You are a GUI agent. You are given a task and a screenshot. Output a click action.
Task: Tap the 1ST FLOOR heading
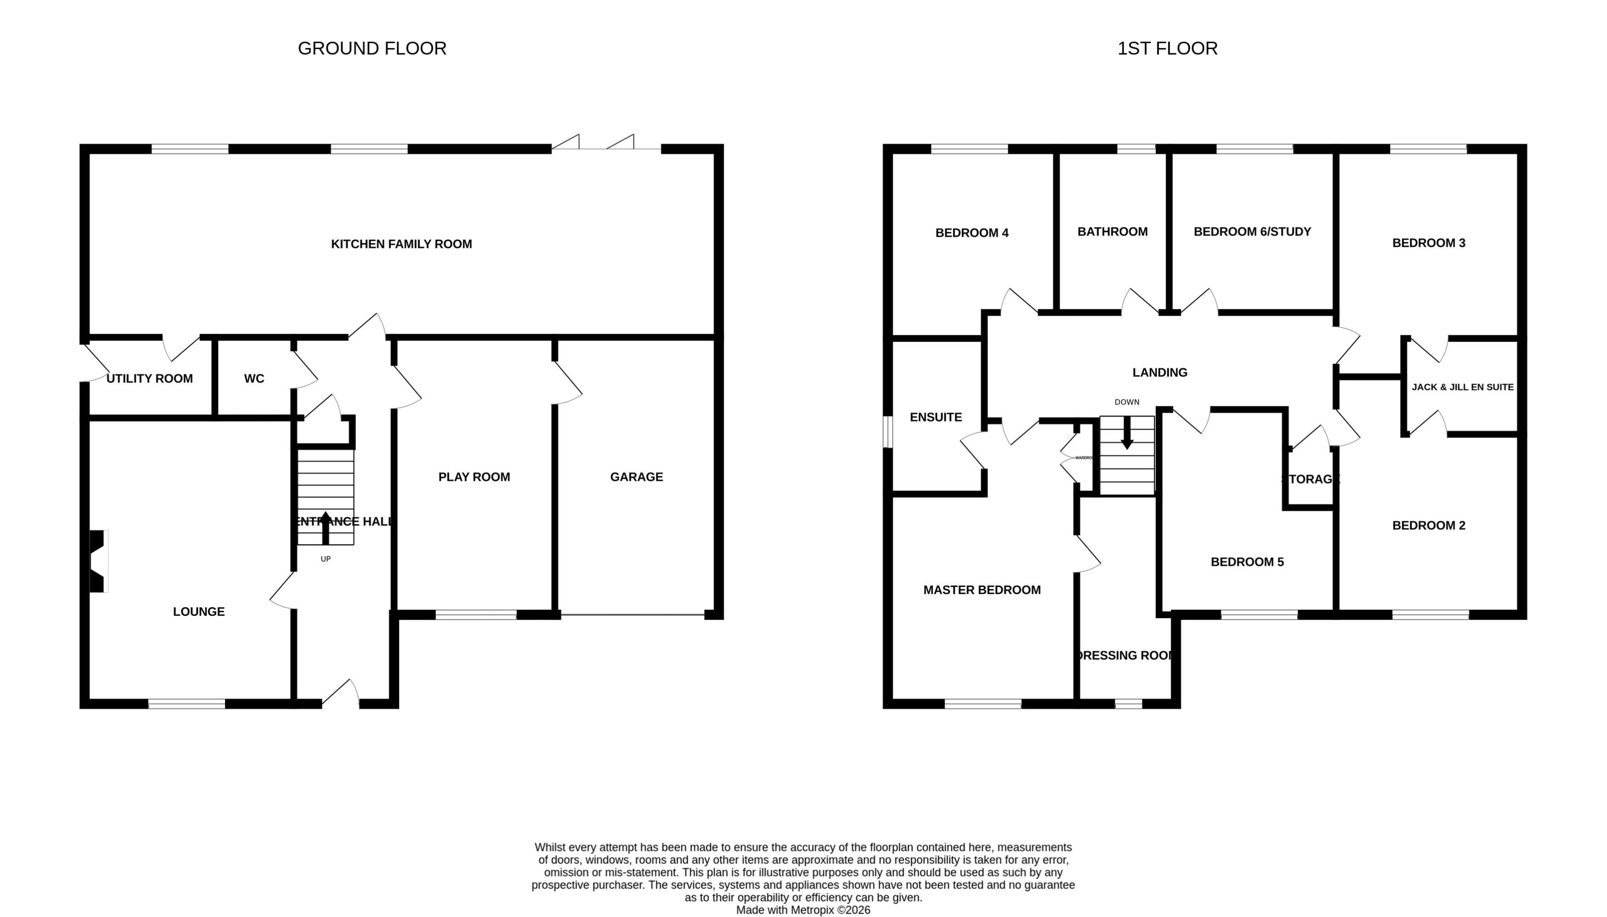click(x=1167, y=49)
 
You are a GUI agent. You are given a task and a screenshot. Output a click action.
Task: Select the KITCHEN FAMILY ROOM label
click(x=401, y=244)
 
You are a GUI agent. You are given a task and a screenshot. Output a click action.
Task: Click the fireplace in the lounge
click(x=97, y=561)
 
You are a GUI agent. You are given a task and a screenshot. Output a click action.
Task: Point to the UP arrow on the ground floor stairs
click(x=325, y=528)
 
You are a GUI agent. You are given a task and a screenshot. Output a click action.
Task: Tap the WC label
click(x=254, y=379)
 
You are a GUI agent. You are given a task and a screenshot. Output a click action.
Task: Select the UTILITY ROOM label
click(x=149, y=379)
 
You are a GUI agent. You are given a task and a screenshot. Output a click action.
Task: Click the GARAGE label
click(x=636, y=477)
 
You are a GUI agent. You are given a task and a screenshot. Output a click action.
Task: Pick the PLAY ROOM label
click(x=474, y=477)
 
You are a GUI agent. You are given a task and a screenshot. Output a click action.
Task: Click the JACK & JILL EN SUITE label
click(x=1462, y=387)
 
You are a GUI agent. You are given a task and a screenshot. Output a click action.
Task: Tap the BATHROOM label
click(x=1112, y=232)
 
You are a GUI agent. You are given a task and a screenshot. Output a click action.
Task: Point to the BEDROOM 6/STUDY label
click(x=1252, y=232)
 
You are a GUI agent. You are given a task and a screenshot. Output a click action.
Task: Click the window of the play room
click(x=476, y=615)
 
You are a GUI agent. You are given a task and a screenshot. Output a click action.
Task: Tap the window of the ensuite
click(x=888, y=432)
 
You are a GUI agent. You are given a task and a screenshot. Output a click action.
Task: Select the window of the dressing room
click(x=1128, y=704)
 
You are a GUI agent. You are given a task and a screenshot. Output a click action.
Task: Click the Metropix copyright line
click(x=803, y=910)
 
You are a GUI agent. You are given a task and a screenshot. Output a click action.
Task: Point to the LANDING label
click(x=1159, y=373)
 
